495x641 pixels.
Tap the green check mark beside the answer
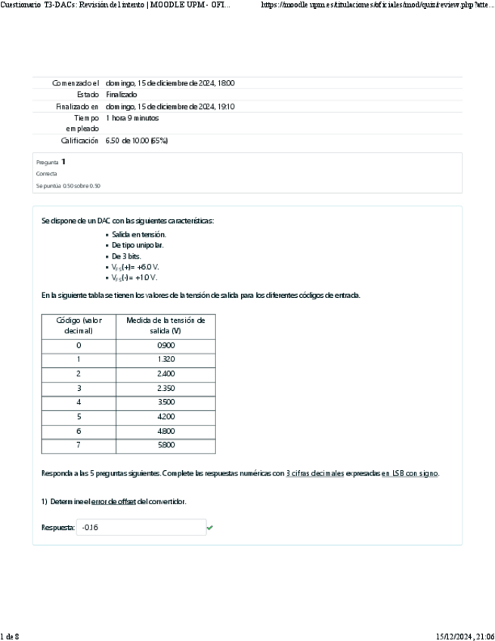tap(210, 528)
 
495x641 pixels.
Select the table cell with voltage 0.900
tap(165, 345)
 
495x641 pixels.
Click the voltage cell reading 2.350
tap(165, 388)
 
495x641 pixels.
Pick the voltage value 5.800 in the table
tap(165, 445)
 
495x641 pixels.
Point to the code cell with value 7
tap(79, 445)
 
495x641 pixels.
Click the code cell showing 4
tap(79, 402)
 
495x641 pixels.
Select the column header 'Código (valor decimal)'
tap(79, 325)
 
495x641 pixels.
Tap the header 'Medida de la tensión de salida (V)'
tap(165, 325)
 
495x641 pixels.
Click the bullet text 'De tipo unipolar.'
tap(138, 246)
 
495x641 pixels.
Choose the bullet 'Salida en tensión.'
tap(139, 235)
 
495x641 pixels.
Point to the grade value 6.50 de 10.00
tap(136, 141)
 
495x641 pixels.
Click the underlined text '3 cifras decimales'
tap(315, 473)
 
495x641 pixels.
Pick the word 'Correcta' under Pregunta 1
tap(46, 173)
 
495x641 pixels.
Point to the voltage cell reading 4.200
tap(165, 416)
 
